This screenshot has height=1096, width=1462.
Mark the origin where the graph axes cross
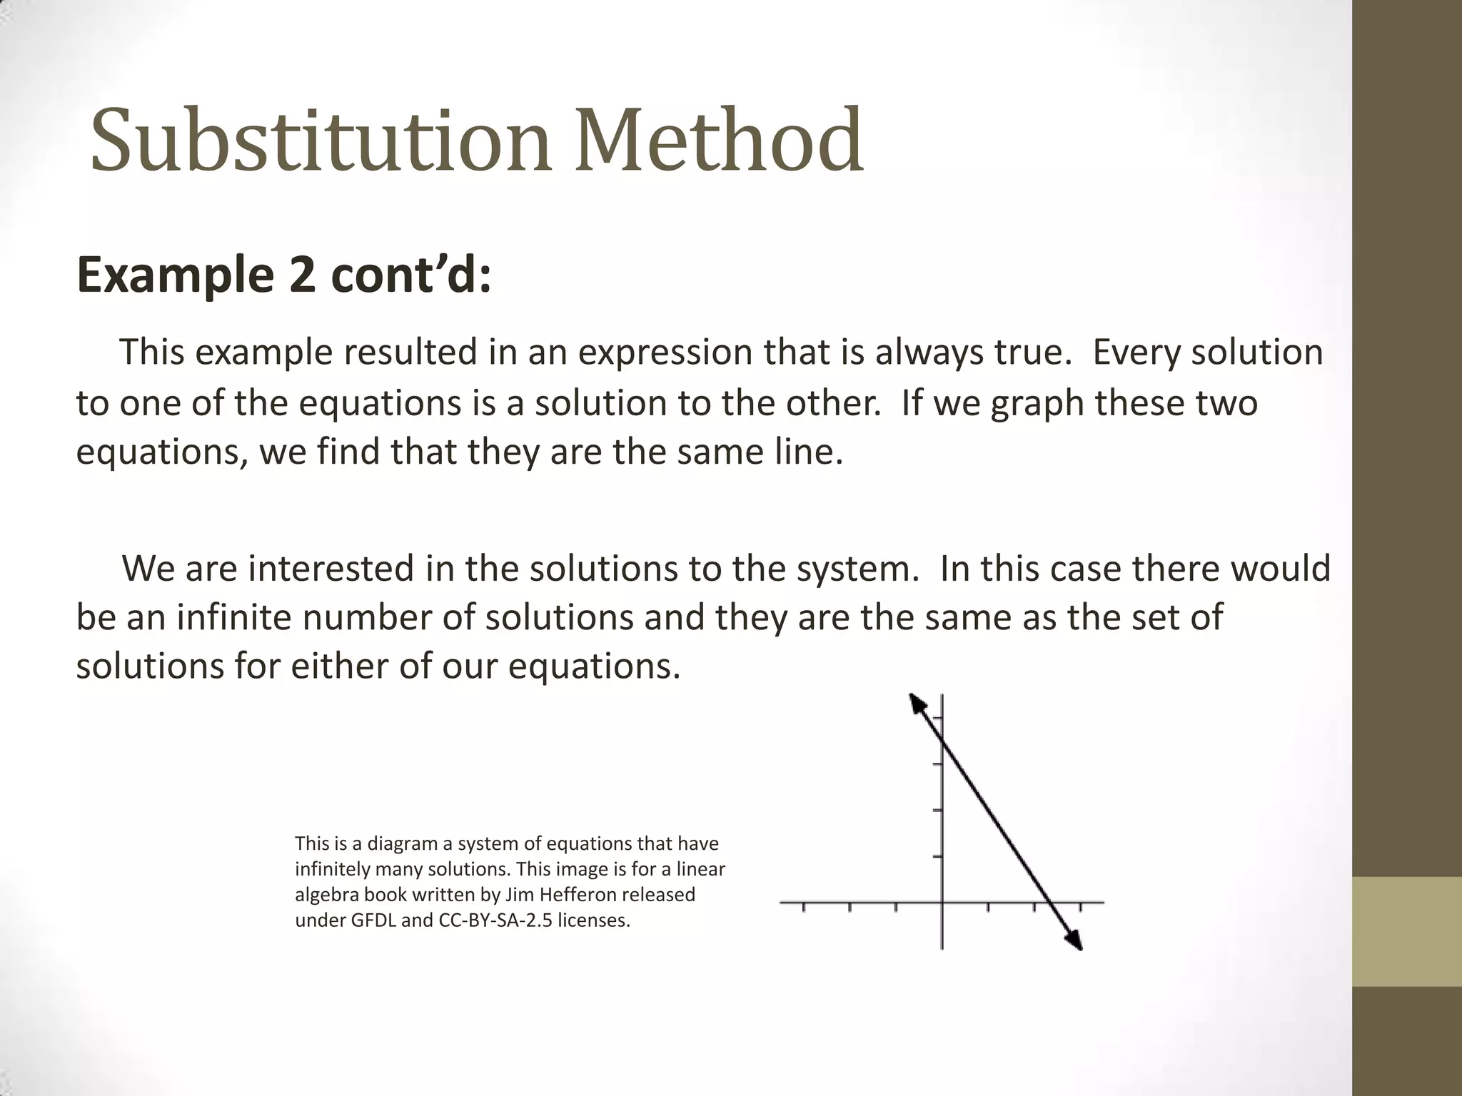click(x=942, y=903)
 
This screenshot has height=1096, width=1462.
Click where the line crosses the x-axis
click(x=1049, y=903)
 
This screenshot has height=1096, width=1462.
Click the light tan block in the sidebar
click(x=1406, y=931)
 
